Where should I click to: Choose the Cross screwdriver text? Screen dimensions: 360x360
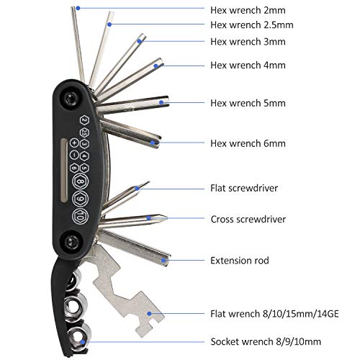[x=248, y=219]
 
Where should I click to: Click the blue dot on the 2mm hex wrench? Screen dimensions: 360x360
[x=78, y=8]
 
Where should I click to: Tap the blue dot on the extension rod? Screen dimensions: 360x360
[x=166, y=259]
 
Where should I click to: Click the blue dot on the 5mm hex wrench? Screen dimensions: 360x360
[x=163, y=103]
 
